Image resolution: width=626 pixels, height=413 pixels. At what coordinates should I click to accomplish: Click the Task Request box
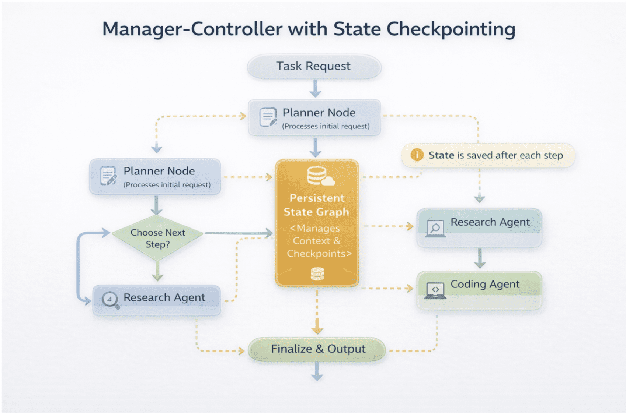point(314,67)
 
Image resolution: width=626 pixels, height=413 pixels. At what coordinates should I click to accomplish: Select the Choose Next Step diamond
point(157,238)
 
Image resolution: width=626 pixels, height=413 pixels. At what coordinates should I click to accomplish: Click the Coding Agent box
point(479,290)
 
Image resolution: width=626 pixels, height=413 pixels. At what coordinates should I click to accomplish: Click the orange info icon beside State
point(417,155)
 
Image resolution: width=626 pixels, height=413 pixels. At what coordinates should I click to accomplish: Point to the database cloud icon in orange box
point(320,176)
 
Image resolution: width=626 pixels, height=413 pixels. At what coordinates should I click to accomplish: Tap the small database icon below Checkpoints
point(317,274)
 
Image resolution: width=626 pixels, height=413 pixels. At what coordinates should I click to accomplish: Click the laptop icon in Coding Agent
point(435,291)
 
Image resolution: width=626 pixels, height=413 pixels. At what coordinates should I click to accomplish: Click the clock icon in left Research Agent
point(109,299)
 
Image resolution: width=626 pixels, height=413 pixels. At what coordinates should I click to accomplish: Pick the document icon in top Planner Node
point(268,117)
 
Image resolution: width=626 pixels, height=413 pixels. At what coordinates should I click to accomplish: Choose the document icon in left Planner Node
point(108,176)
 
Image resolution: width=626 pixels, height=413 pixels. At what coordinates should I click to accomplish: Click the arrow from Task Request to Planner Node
point(315,89)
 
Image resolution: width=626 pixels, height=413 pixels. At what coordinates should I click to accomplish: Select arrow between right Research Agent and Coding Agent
point(479,258)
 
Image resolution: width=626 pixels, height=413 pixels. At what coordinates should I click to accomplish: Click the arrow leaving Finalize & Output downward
point(317,371)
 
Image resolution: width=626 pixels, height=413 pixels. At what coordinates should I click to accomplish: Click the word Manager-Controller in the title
point(192,29)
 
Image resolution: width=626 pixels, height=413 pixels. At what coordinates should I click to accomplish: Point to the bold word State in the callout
point(441,155)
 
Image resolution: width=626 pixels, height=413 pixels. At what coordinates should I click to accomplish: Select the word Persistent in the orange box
point(317,198)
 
